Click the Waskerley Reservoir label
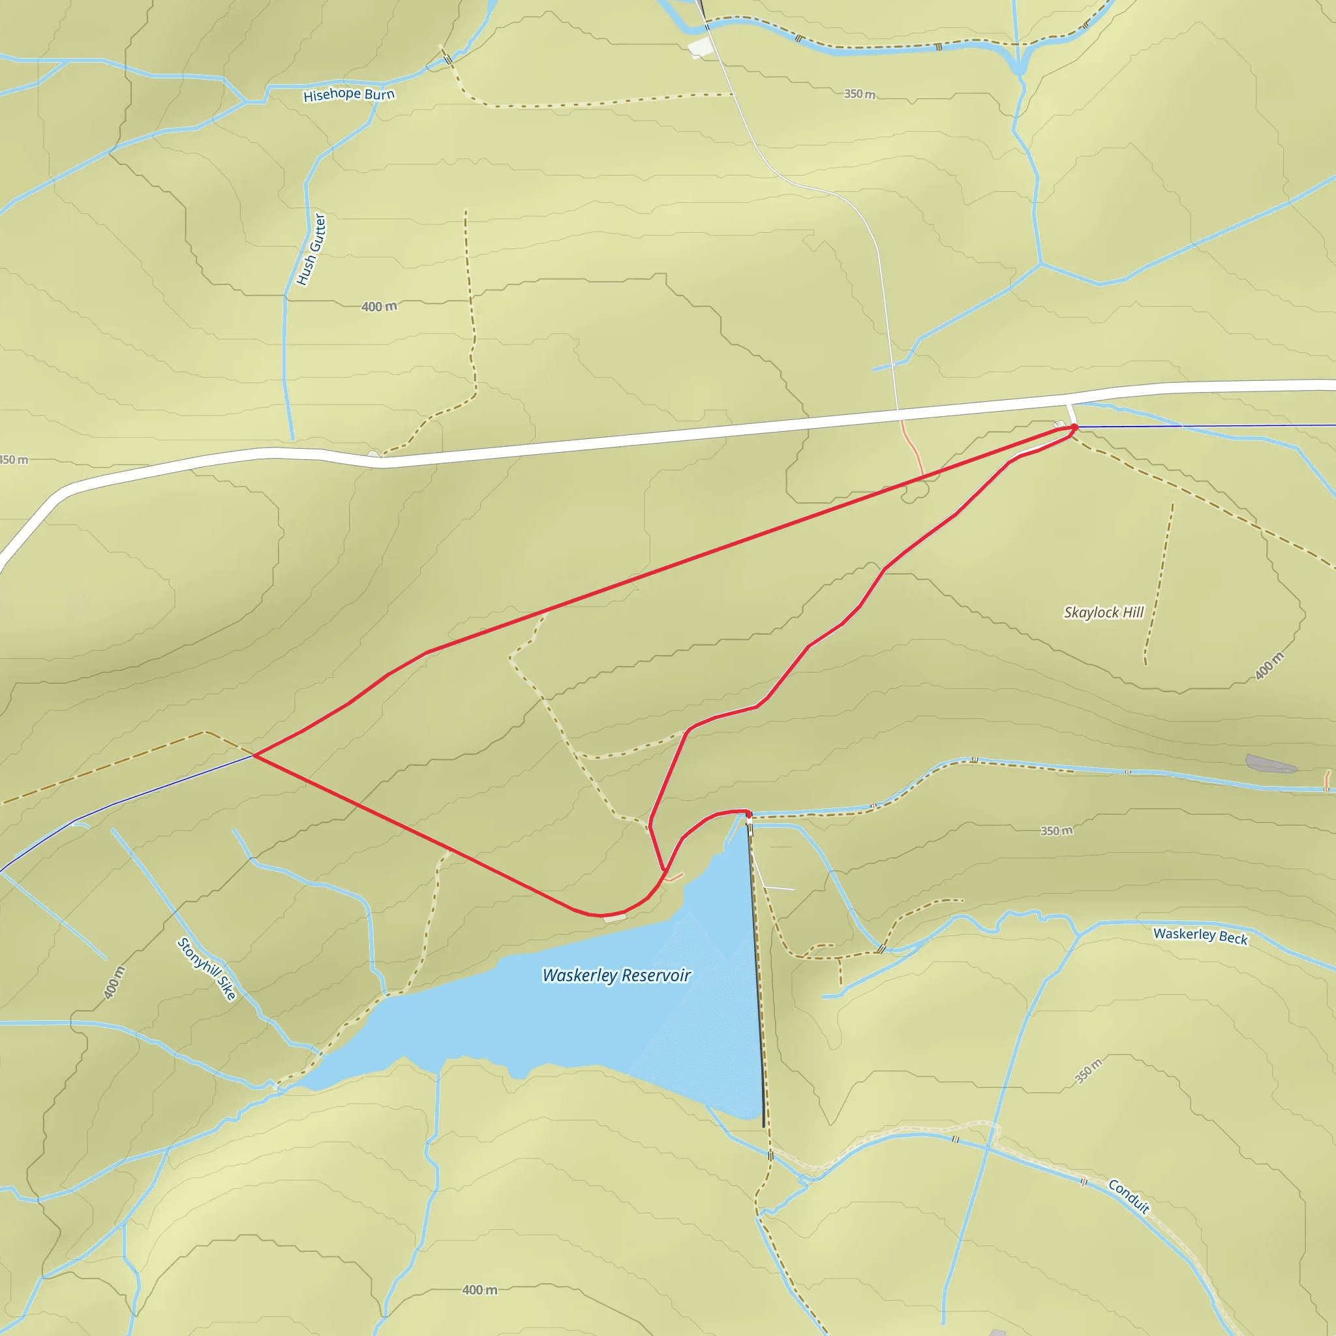616,975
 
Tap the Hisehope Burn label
348,95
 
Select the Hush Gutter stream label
311,250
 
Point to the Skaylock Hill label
1103,612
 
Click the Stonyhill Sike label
207,968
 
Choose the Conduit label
1129,1197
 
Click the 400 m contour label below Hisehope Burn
379,307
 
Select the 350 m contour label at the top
860,94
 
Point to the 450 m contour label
14,460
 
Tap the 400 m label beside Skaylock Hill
1269,665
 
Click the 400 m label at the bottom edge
479,1290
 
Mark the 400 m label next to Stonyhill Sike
115,982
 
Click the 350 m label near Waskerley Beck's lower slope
1089,1071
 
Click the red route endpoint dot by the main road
1074,427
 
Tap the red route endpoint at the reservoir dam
748,816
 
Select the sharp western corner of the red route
254,756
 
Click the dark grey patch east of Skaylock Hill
1269,763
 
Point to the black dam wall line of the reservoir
758,968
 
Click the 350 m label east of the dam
1057,830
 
